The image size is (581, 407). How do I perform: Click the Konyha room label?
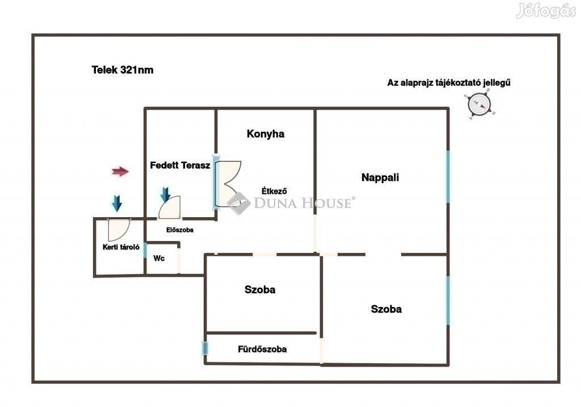pos(266,134)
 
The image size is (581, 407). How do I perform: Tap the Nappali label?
pos(380,177)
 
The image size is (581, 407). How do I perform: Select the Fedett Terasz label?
pos(180,165)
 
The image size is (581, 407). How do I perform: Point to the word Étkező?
pos(274,191)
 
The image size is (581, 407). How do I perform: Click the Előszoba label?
pos(180,230)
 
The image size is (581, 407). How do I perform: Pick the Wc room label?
pos(159,258)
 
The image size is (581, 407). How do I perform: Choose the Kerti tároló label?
pos(121,247)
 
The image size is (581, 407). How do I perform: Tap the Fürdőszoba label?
pos(262,349)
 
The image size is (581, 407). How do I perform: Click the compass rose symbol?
pos(479,105)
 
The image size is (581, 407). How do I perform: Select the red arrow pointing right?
pos(120,172)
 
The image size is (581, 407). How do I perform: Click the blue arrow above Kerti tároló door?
pos(117,203)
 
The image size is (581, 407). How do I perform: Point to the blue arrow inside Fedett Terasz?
pos(165,195)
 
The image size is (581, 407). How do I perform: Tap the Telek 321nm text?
pos(123,70)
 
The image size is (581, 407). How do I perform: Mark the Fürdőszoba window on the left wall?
pos(205,348)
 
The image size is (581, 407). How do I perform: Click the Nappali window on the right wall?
pos(448,176)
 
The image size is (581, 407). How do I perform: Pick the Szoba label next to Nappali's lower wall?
pos(386,309)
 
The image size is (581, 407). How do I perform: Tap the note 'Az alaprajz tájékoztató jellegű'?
pos(449,83)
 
